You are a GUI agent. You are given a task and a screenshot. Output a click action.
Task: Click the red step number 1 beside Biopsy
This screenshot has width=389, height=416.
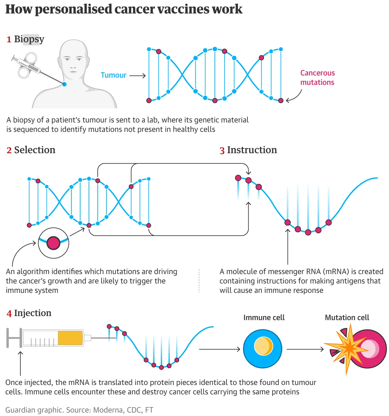coord(9,39)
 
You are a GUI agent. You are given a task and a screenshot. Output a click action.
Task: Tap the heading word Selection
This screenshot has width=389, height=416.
coord(35,150)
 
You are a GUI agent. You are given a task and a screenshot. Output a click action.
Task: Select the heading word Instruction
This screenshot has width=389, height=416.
coord(252,150)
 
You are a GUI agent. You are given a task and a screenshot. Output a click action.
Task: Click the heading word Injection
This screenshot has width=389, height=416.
coord(33,313)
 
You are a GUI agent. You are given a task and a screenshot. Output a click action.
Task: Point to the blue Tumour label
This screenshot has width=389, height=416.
coord(113,75)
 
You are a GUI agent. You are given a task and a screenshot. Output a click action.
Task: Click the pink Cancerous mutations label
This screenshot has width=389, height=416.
coord(317,77)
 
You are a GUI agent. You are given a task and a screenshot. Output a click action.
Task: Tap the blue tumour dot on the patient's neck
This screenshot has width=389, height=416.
coord(65,84)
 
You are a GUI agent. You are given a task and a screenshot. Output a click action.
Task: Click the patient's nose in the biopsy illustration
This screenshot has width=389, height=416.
coord(73,65)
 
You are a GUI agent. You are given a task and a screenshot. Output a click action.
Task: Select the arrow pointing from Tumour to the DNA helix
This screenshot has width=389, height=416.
coord(137,75)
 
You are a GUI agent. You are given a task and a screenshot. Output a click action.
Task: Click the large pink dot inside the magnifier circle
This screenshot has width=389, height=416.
coord(54,243)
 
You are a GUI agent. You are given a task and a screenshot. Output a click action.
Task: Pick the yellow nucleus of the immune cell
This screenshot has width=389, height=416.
coord(263,346)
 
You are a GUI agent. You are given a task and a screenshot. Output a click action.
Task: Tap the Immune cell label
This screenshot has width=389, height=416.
coord(264,318)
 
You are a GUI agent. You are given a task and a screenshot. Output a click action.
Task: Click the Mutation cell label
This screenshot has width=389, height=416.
coord(347,318)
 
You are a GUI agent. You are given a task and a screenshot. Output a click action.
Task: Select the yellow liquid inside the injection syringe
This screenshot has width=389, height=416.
coord(70,338)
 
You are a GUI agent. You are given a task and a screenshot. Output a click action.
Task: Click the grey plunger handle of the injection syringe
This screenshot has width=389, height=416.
coord(14,338)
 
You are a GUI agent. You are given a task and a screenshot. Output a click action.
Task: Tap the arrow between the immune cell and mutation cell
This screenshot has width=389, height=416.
coord(305,349)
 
